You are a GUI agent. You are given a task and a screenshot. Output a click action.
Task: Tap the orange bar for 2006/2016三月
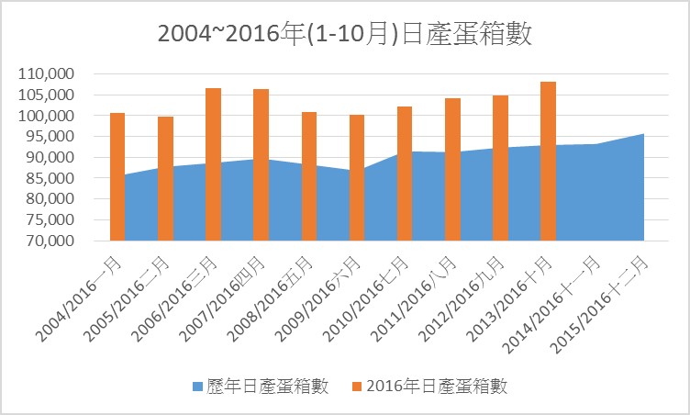[213, 164]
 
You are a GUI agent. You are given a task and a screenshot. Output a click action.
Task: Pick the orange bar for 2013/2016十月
[548, 161]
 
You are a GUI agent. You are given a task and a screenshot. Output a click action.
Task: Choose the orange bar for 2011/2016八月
[452, 169]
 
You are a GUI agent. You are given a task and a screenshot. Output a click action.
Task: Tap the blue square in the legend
[197, 386]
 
